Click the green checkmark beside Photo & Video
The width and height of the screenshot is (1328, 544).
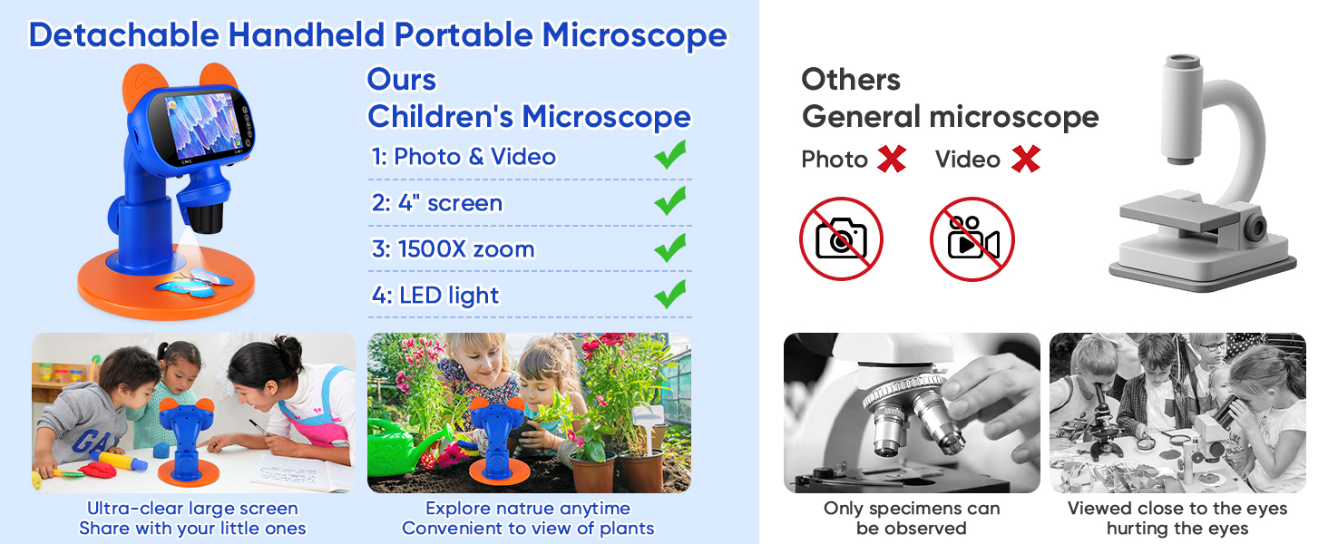670,155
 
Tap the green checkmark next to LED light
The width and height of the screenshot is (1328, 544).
670,294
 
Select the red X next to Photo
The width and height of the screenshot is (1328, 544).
892,159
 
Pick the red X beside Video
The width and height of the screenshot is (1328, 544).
1026,159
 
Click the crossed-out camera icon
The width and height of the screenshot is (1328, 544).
841,238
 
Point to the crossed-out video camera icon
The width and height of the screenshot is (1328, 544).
972,238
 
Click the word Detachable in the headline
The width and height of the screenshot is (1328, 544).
124,34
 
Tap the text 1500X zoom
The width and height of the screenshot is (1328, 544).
453,249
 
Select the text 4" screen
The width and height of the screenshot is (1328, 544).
437,203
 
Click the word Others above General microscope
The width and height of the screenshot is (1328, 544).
851,80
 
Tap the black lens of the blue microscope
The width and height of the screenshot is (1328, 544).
206,219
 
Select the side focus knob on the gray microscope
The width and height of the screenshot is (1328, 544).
1255,227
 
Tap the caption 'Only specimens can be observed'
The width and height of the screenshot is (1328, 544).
912,518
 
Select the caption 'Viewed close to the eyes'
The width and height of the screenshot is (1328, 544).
1177,509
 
